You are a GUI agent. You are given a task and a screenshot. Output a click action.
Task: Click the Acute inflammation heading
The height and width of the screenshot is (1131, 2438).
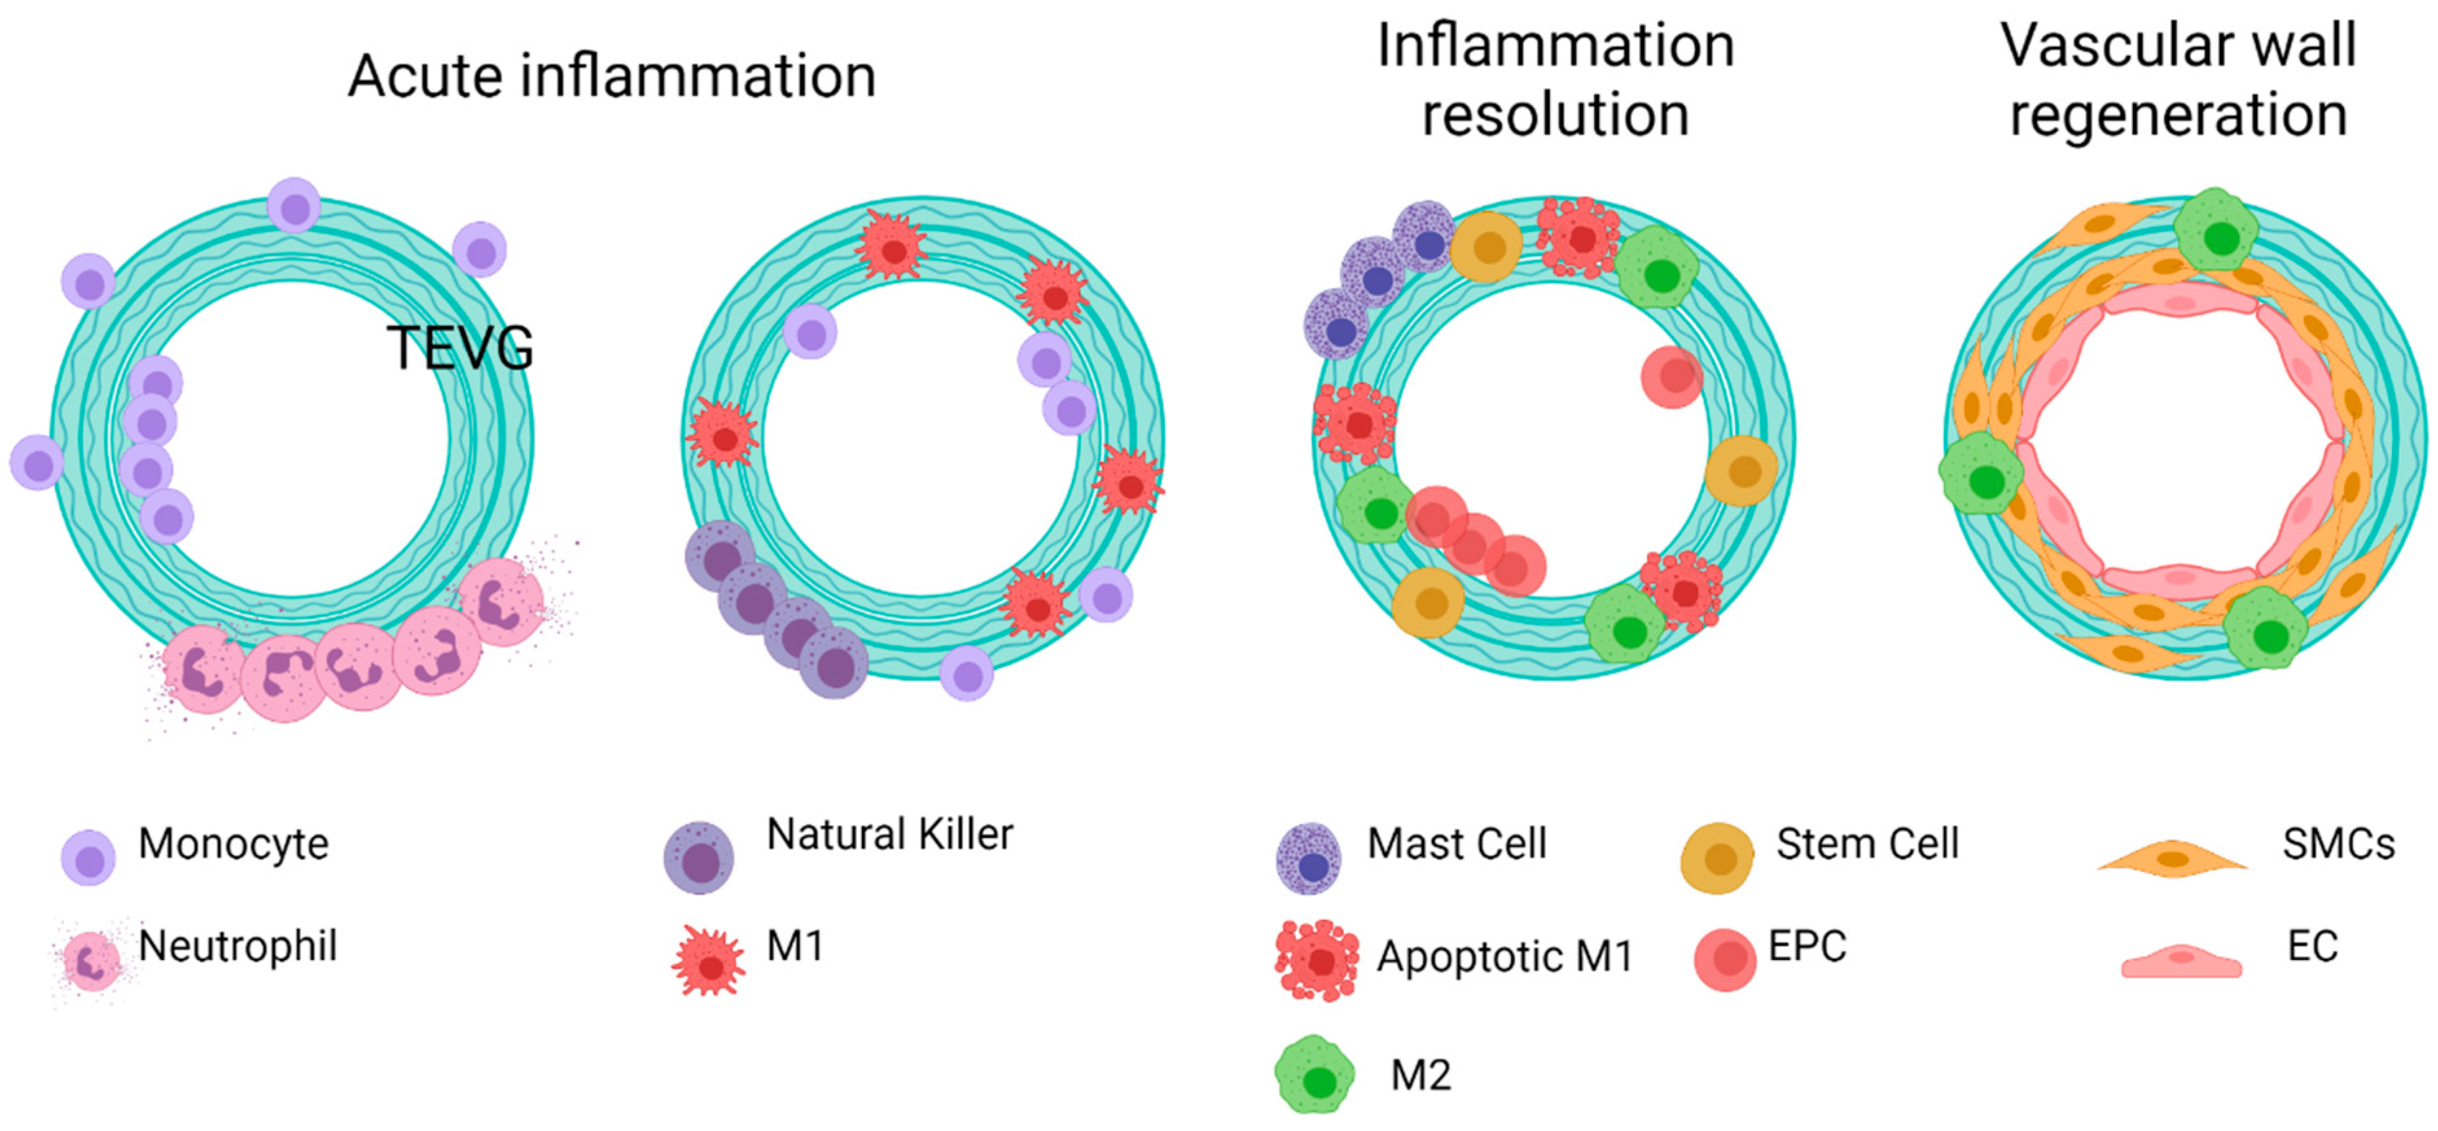pos(611,76)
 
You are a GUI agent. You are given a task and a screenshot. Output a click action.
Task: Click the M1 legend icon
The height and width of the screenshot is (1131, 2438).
pos(709,963)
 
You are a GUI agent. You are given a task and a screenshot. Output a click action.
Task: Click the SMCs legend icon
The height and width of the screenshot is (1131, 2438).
pos(2172,858)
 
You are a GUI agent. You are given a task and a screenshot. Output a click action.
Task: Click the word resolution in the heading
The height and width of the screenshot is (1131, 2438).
pos(1555,115)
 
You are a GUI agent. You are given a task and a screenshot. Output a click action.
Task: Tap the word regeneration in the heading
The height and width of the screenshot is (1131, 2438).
pos(2178,115)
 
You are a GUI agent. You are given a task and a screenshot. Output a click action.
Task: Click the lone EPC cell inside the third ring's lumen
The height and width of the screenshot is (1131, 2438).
pos(1671,377)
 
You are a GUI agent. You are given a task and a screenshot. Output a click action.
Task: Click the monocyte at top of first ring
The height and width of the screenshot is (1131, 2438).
pos(294,205)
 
